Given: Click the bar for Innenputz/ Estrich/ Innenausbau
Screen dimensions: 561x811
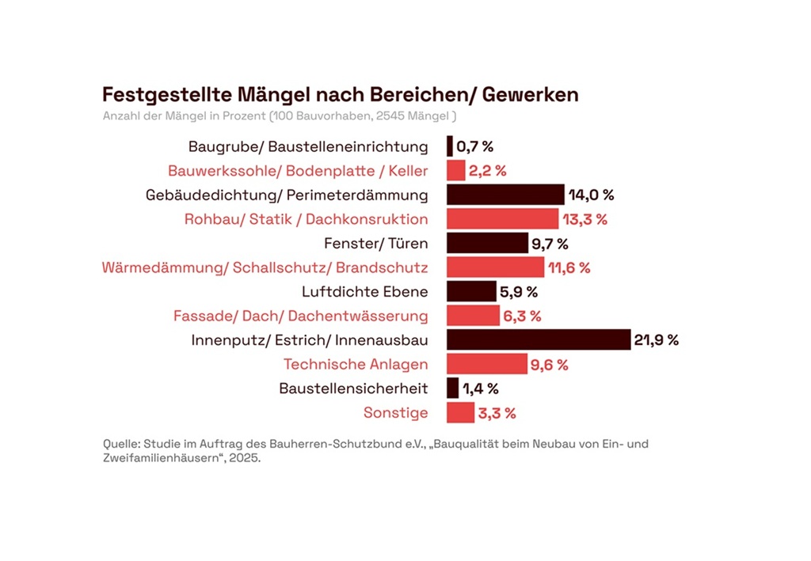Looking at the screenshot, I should tap(538, 340).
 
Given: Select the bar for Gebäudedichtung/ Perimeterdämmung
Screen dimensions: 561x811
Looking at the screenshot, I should tap(505, 195).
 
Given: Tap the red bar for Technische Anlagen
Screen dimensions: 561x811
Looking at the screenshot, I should tap(486, 365).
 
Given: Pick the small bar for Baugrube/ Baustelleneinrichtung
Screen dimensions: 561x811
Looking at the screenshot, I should tap(450, 146).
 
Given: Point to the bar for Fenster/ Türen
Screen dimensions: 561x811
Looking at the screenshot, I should tap(487, 243).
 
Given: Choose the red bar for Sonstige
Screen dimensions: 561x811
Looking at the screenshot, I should tap(460, 413).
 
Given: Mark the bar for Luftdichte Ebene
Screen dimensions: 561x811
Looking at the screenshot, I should tap(471, 292).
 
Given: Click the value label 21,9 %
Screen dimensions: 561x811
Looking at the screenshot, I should tap(657, 340).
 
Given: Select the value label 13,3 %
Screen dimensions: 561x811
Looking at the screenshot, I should tap(584, 219).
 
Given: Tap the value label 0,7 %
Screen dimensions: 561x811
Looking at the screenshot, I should tap(475, 146).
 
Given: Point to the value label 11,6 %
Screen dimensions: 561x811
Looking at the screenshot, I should tap(569, 267).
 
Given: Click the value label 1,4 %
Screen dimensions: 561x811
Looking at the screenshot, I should tap(481, 389).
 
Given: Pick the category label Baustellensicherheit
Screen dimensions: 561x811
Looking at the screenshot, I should tap(353, 389).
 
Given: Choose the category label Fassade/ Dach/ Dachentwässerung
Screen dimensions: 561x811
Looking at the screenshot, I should tap(300, 317).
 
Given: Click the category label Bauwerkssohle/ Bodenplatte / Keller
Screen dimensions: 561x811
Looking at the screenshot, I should tap(298, 171).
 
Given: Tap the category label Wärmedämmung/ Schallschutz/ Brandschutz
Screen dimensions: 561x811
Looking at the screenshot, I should tap(265, 267).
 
